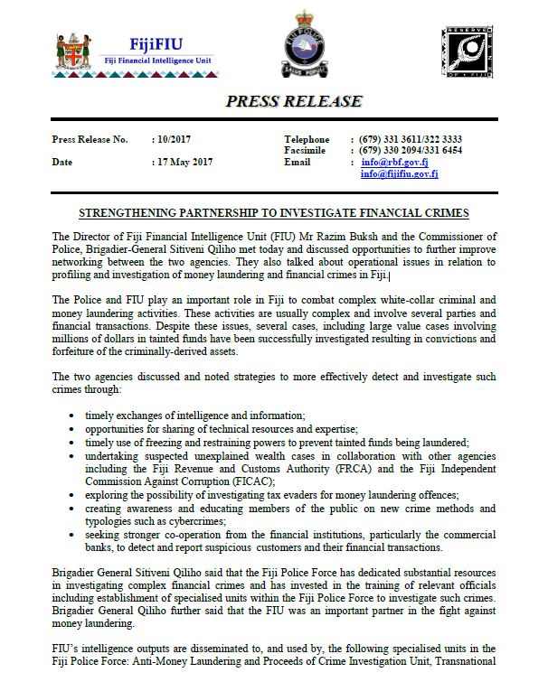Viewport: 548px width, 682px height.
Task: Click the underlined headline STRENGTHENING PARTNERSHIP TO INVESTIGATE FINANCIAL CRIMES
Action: pyautogui.click(x=273, y=213)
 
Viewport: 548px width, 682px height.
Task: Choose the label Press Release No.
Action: pyautogui.click(x=90, y=139)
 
